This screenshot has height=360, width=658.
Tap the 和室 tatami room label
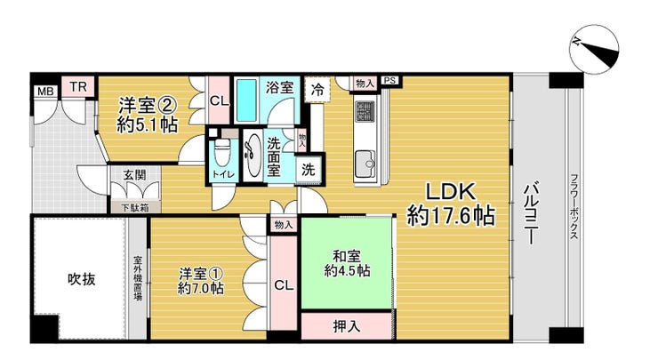[x=347, y=255]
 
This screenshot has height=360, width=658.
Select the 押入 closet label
[x=347, y=326]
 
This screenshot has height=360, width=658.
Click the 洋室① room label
[x=201, y=274]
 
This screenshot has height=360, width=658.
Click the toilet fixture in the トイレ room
[x=222, y=152]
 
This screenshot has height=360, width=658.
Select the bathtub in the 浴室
[x=246, y=100]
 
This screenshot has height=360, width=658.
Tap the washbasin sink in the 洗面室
[x=253, y=155]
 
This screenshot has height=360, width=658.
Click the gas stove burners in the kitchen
[x=365, y=111]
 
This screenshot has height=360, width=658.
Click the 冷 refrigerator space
[x=317, y=90]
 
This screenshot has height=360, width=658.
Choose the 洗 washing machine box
[x=308, y=170]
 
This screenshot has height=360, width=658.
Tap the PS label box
[x=390, y=80]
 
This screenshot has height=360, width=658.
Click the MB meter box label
[x=45, y=91]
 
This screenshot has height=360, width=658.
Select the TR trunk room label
[x=78, y=87]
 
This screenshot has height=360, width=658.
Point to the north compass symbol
[x=594, y=50]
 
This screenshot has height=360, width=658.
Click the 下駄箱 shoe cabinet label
[x=135, y=207]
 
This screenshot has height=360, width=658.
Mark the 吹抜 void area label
[x=82, y=279]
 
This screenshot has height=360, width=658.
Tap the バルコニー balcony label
[x=531, y=212]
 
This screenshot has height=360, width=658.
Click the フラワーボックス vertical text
[x=574, y=207]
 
